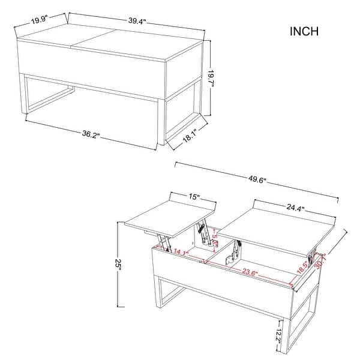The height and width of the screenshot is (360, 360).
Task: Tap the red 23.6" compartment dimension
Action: (251, 270)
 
